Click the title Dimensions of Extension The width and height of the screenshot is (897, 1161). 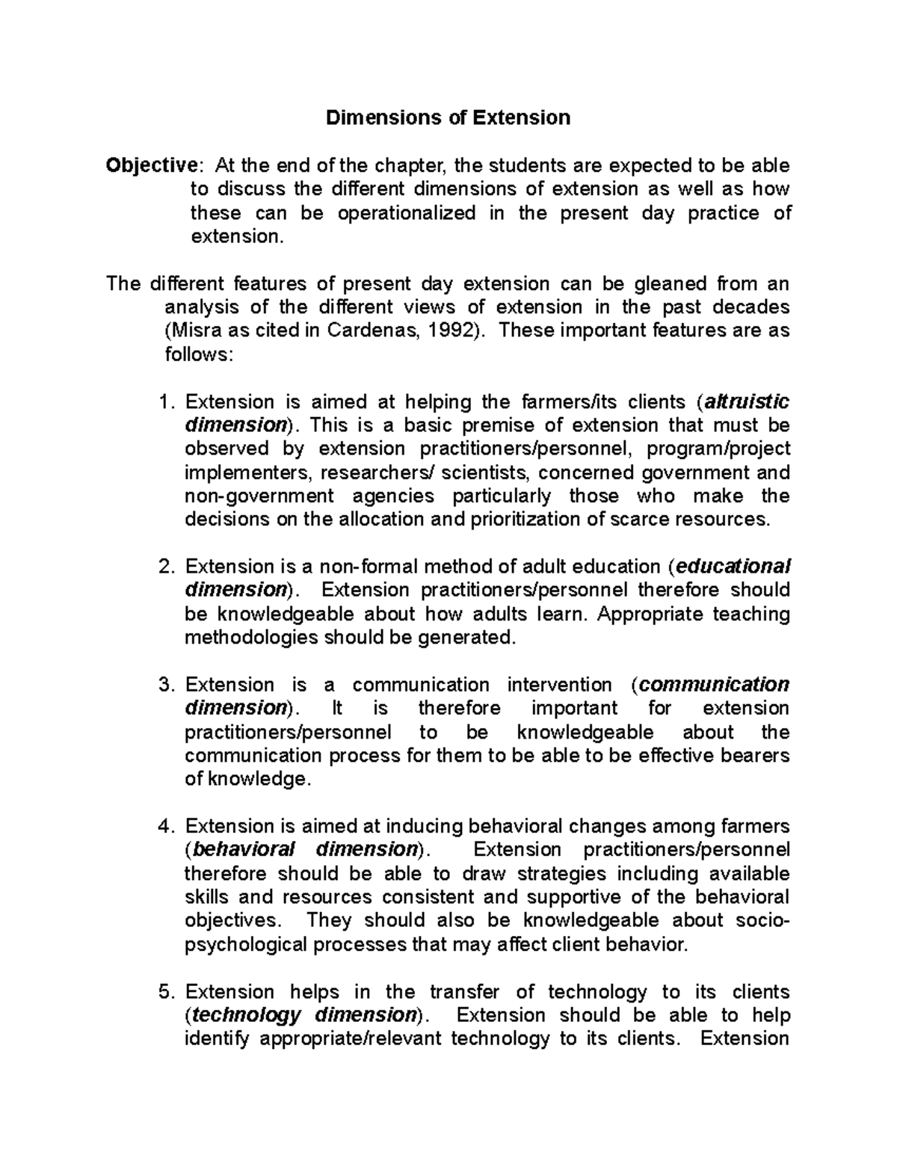pyautogui.click(x=448, y=117)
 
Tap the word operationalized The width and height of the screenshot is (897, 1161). pyautogui.click(x=407, y=213)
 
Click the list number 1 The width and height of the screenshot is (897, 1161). pyautogui.click(x=165, y=401)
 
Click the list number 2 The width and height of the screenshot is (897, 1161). pyautogui.click(x=165, y=567)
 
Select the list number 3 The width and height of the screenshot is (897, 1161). pyautogui.click(x=165, y=685)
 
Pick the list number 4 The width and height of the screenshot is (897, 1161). pyautogui.click(x=165, y=826)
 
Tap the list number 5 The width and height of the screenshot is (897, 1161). pyautogui.click(x=165, y=992)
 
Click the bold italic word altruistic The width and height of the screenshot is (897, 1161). pyautogui.click(x=747, y=401)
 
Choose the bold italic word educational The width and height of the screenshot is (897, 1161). pyautogui.click(x=733, y=567)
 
